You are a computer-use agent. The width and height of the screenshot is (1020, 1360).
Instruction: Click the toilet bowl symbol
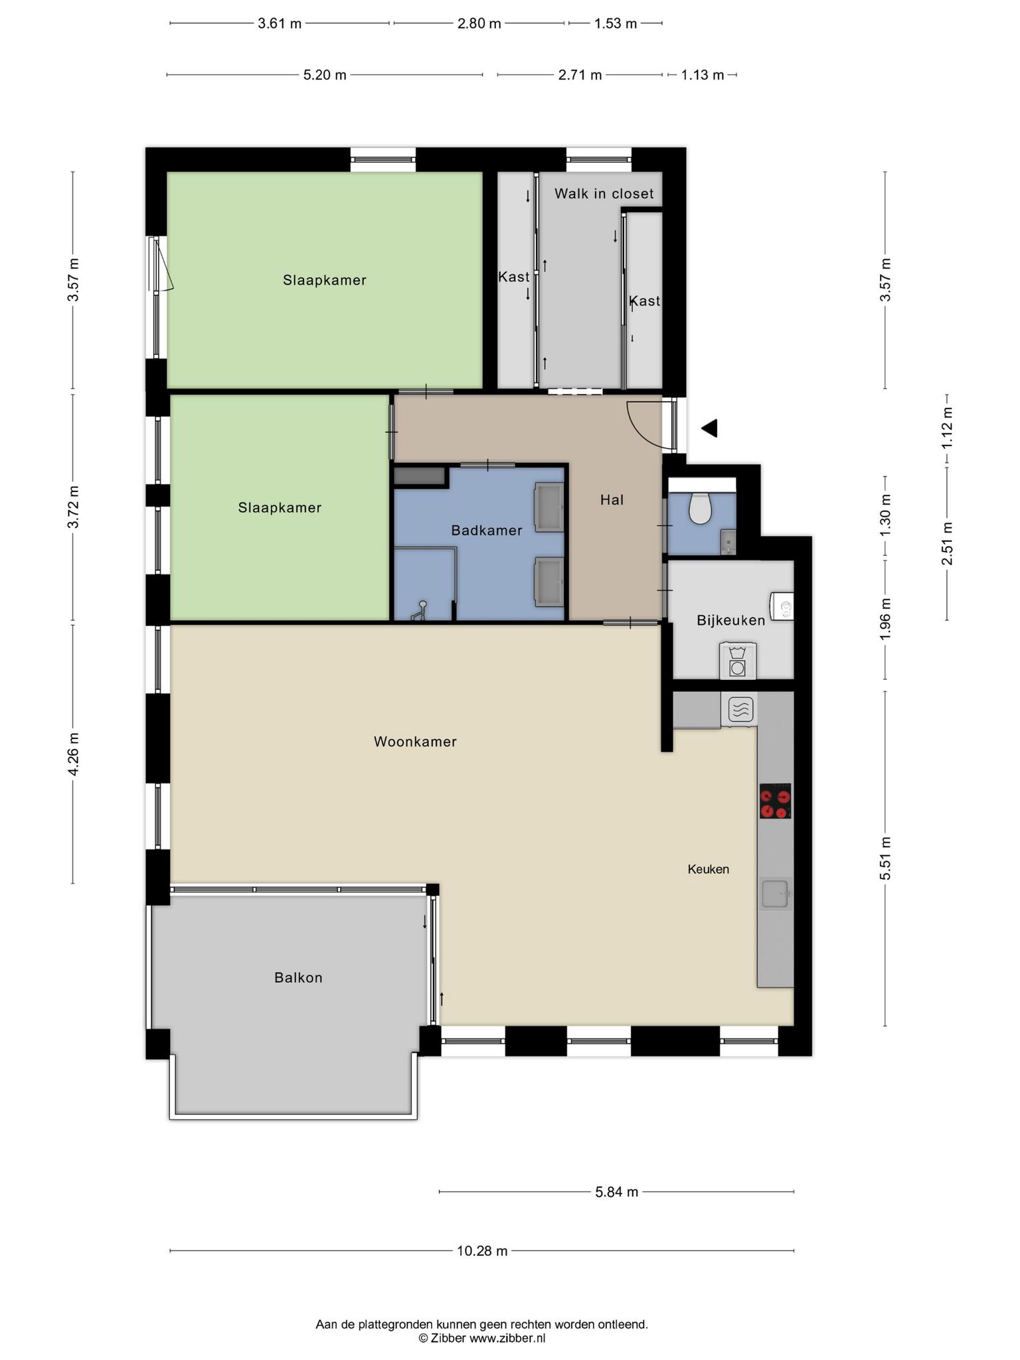(x=700, y=507)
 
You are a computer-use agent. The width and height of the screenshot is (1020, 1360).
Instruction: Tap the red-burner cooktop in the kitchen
(x=776, y=801)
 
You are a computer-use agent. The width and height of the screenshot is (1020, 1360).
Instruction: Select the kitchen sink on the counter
(x=775, y=893)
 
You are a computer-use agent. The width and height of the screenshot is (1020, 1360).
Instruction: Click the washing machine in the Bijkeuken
(x=737, y=661)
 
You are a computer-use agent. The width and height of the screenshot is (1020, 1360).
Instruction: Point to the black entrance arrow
(x=709, y=428)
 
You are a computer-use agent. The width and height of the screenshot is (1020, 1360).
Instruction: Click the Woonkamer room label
(x=415, y=742)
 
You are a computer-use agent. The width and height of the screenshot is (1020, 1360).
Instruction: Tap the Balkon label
(x=298, y=977)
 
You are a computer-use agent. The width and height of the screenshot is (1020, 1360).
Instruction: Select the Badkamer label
(x=487, y=530)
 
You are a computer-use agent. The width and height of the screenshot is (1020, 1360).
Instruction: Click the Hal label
(x=612, y=499)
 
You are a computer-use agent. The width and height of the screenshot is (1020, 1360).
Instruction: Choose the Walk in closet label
(x=604, y=193)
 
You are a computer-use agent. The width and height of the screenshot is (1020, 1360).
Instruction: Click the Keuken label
(x=709, y=869)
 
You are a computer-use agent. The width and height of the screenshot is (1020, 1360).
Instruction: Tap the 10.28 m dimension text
(x=482, y=1251)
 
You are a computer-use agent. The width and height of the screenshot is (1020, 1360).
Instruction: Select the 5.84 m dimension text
(x=617, y=1192)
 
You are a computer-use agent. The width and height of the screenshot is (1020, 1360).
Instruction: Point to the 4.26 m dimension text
(x=74, y=754)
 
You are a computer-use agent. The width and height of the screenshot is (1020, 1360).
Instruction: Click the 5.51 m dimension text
(x=885, y=858)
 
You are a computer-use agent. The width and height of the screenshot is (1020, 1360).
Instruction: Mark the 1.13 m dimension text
(x=703, y=75)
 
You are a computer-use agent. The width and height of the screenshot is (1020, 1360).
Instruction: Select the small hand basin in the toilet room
(x=728, y=542)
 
